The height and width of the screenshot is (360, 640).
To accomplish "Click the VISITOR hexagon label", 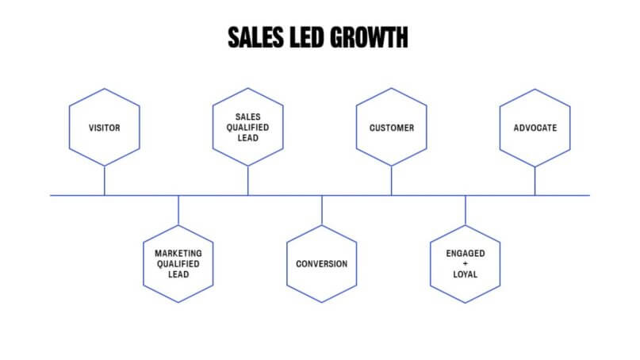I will click(x=105, y=128).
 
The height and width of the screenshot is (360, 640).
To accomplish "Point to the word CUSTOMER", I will click(x=392, y=128).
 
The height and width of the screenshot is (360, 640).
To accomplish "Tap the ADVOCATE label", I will click(x=535, y=128).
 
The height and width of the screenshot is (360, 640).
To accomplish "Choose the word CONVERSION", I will click(x=322, y=264).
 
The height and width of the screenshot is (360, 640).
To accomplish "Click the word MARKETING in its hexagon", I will click(x=178, y=254).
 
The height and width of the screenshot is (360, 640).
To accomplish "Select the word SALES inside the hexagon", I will click(x=248, y=117).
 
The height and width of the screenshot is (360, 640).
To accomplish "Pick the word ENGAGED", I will click(x=466, y=254).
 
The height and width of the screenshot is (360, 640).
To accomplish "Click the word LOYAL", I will click(x=466, y=275).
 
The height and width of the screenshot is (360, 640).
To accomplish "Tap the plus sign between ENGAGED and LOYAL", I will click(x=466, y=264).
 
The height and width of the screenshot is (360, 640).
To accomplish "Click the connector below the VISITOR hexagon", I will click(x=105, y=180).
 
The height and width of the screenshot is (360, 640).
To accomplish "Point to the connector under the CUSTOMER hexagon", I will click(x=392, y=180).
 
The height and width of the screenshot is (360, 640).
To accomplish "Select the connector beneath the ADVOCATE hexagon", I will click(x=535, y=180).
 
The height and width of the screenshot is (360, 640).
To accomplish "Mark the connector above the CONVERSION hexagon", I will click(x=322, y=210).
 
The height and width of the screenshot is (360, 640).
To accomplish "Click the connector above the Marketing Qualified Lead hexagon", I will click(x=178, y=210).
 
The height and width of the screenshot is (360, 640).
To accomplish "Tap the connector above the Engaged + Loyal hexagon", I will click(x=466, y=210).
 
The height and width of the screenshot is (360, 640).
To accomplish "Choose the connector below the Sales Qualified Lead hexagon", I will click(x=248, y=180).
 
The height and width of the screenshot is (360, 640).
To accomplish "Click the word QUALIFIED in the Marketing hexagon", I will click(x=178, y=264).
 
